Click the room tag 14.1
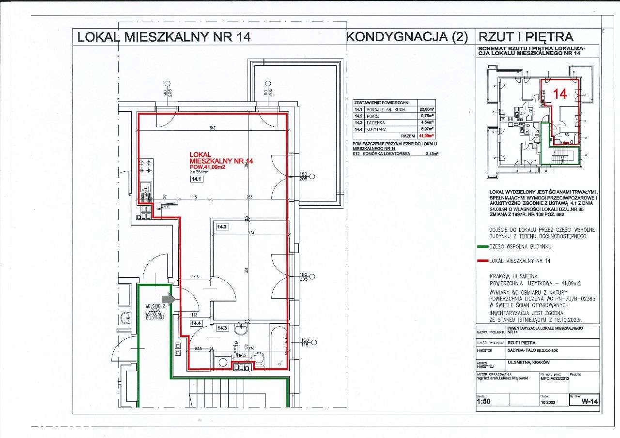197,179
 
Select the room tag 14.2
222,227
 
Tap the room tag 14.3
222,328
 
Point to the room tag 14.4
196,323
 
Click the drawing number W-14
590,401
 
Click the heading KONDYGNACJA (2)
408,37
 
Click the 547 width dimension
213,128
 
